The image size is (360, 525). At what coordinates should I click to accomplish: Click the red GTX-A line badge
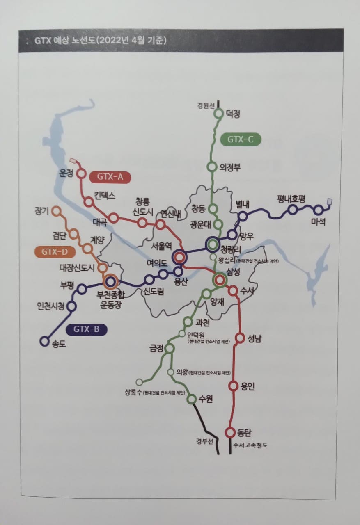click(110, 177)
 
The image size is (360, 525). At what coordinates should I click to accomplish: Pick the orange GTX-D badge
click(55, 252)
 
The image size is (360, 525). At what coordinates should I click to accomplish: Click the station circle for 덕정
click(218, 114)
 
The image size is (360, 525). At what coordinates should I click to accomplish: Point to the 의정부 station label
click(230, 167)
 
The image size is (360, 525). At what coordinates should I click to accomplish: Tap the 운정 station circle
click(81, 173)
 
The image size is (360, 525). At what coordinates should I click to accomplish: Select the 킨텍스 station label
click(104, 195)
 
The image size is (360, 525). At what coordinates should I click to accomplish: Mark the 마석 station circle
click(318, 210)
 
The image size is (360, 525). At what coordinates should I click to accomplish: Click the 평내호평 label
click(291, 199)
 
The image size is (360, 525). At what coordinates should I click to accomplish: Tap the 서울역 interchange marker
click(179, 258)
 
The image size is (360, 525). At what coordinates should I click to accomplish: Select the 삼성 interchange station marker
click(219, 279)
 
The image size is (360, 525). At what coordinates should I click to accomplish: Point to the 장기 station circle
click(57, 211)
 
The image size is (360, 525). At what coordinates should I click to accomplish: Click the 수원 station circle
click(192, 399)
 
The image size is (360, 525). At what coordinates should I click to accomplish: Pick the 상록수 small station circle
click(139, 382)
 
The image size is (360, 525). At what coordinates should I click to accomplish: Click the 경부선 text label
click(205, 441)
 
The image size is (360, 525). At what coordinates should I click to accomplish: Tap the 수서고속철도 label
click(250, 445)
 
